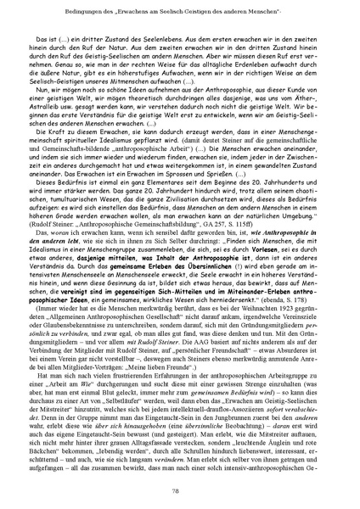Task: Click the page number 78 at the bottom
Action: (179, 491)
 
